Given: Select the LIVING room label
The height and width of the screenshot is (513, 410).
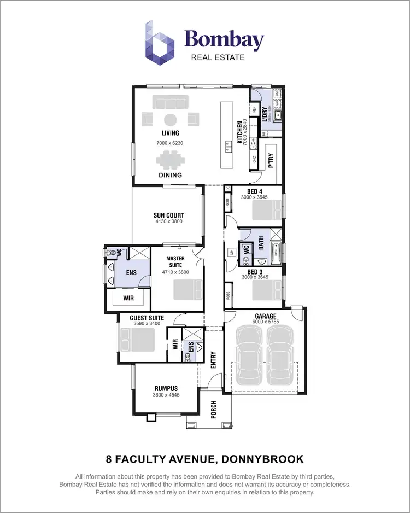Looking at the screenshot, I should [170, 133].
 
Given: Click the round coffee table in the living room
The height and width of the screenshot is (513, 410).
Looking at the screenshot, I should [170, 119].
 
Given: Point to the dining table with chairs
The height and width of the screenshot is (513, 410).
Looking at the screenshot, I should [170, 160].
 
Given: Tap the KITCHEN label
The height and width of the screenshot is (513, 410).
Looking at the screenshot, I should [239, 132].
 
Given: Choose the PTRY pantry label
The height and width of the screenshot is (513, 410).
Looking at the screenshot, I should [271, 162].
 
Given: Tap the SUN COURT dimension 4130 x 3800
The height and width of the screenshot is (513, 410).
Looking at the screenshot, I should [168, 221].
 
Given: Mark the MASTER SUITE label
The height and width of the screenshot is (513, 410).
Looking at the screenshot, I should [175, 262].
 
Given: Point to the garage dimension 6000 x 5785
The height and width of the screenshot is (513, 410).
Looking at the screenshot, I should [266, 322].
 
